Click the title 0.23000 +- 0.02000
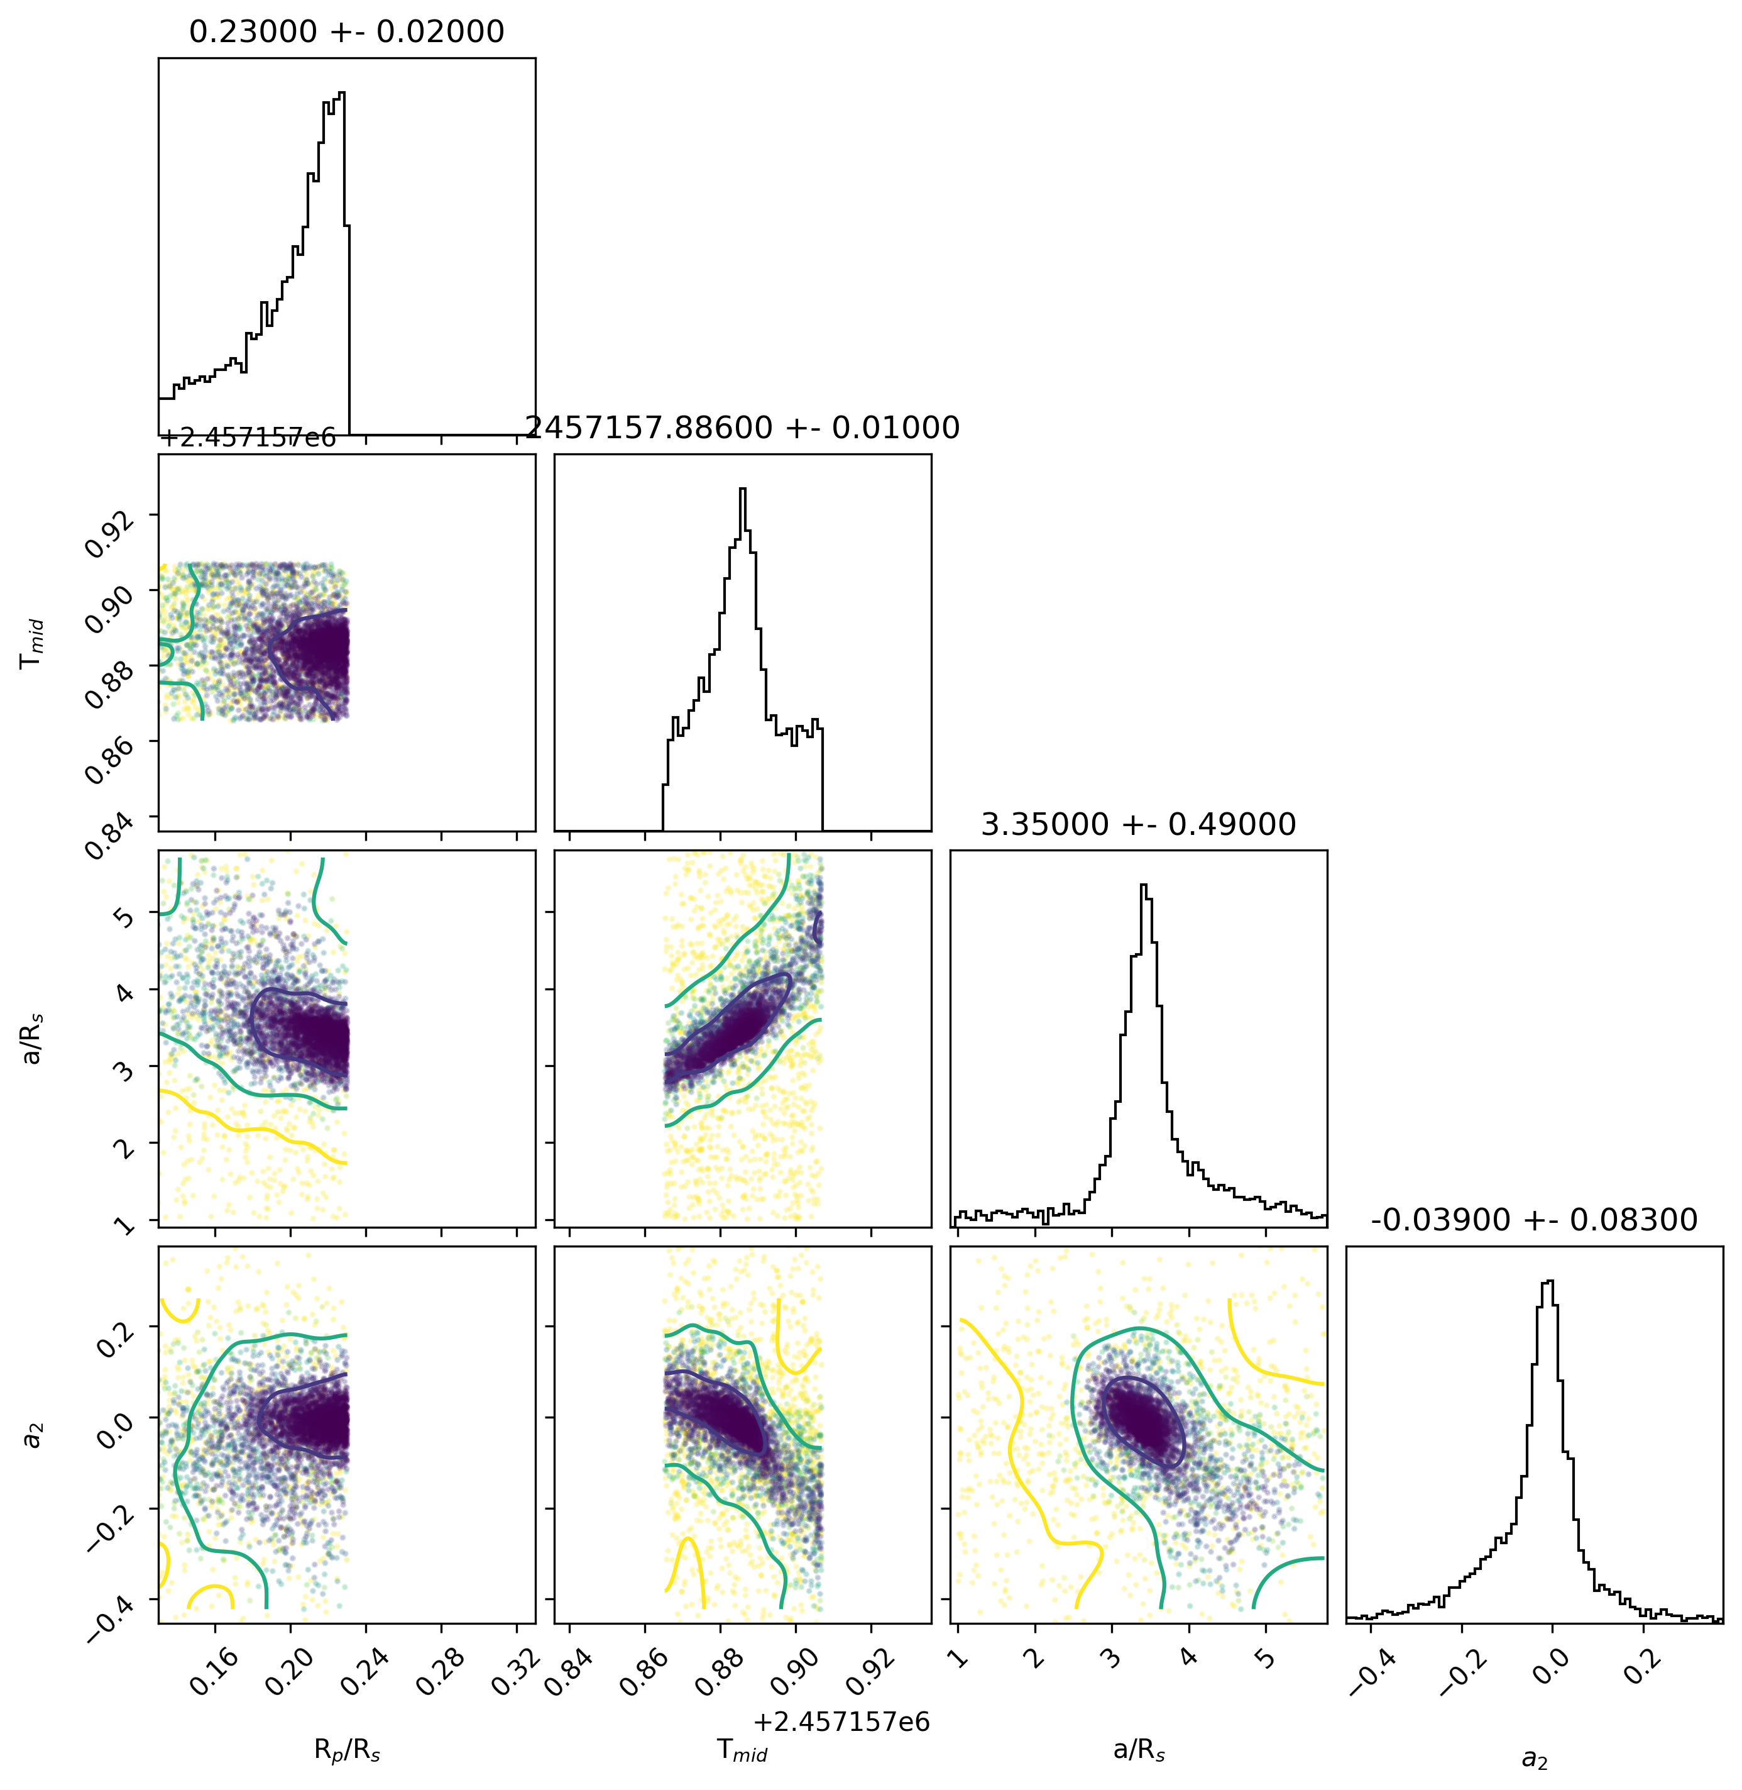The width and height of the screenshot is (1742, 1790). coord(347,32)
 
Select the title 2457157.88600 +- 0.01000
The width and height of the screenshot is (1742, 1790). coord(742,428)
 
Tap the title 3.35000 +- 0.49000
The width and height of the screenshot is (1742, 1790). coord(1138,824)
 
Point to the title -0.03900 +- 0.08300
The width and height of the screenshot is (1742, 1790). coord(1535,1220)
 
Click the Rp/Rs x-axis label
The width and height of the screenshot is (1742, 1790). coord(347,1750)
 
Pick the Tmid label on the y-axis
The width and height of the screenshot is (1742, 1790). coord(33,643)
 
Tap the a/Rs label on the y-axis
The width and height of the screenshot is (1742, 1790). coord(33,1039)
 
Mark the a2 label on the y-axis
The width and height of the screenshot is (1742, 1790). coord(33,1435)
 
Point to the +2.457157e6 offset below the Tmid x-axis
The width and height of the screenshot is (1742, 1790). coord(841,1721)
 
